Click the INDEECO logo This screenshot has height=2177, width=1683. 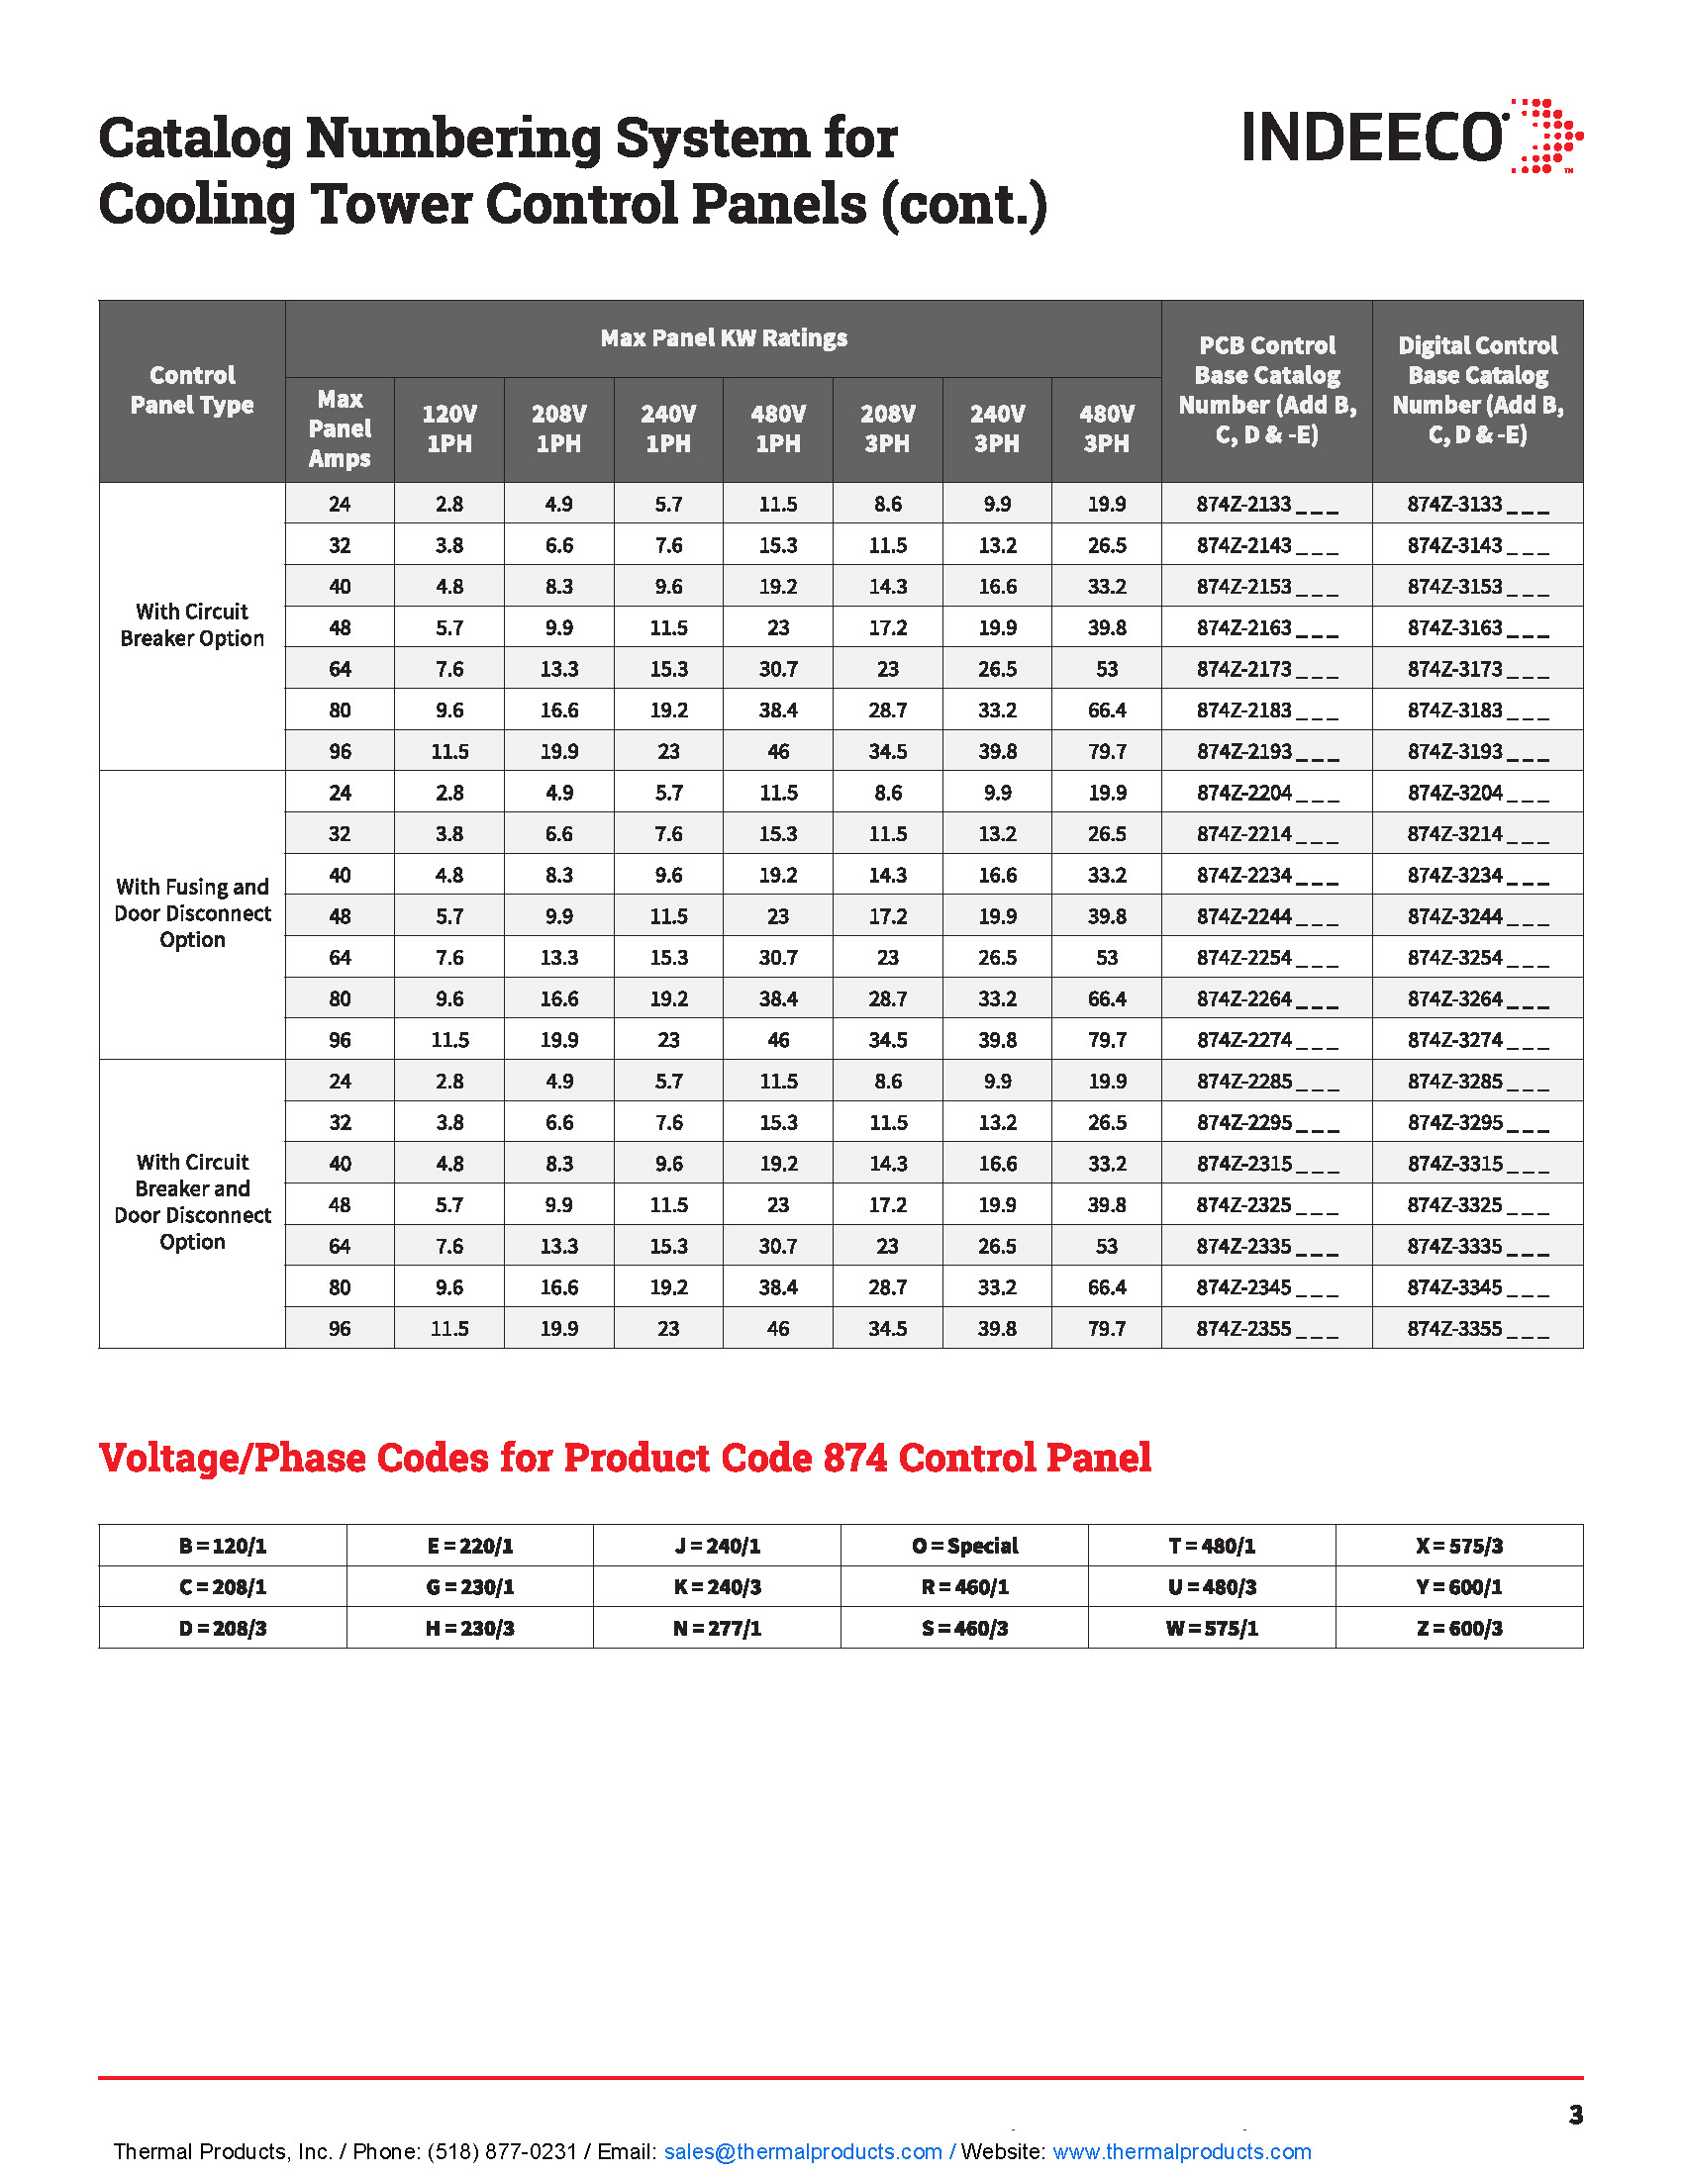click(x=1411, y=137)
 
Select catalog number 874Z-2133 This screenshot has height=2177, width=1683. click(x=1244, y=505)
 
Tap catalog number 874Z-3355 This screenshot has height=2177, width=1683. click(x=1454, y=1329)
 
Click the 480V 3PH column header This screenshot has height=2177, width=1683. click(x=1107, y=428)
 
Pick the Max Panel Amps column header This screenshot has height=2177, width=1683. click(x=340, y=428)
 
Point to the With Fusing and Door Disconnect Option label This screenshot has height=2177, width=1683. click(x=192, y=913)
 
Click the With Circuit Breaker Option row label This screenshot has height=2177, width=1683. click(x=192, y=625)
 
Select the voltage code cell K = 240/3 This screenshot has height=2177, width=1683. click(x=717, y=1587)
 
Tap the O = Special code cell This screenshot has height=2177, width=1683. click(x=964, y=1546)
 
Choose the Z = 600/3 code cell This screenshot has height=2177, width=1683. click(x=1458, y=1629)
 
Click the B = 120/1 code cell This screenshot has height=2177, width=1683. click(x=223, y=1546)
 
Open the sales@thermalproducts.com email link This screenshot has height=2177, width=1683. click(x=803, y=2151)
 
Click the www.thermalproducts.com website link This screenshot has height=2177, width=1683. click(x=1181, y=2151)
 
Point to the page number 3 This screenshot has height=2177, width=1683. click(x=1575, y=2115)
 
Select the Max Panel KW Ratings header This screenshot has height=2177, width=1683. click(x=724, y=338)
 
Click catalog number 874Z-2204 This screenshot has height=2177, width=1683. click(x=1244, y=794)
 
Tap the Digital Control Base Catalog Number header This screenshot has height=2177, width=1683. click(x=1478, y=390)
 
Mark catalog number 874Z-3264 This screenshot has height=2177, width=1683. click(x=1454, y=998)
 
